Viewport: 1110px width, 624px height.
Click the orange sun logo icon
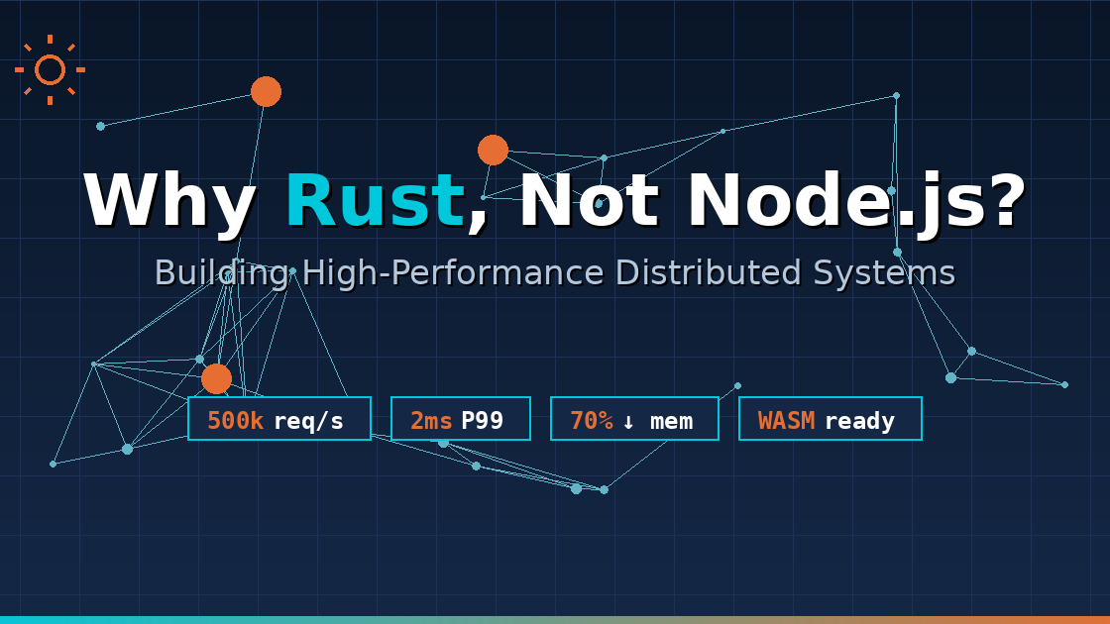[x=50, y=69]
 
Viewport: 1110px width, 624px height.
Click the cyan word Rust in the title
[x=375, y=201]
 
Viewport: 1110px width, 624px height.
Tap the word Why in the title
[x=170, y=203]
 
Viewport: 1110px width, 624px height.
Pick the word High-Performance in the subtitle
[x=452, y=272]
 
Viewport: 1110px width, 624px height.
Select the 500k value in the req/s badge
[x=235, y=420]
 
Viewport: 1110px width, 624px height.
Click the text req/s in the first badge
[x=308, y=420]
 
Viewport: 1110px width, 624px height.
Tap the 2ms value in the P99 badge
[x=431, y=420]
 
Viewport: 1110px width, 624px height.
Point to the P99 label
[x=482, y=420]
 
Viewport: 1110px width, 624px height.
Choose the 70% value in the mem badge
[x=591, y=420]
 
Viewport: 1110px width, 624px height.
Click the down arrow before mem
[x=628, y=421]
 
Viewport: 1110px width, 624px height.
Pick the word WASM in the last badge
[x=786, y=420]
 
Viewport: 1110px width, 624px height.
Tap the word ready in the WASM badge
[x=859, y=420]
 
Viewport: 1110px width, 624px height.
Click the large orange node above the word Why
[x=266, y=91]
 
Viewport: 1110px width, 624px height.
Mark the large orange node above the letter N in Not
[x=493, y=150]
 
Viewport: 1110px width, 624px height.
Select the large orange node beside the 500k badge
[x=216, y=378]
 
